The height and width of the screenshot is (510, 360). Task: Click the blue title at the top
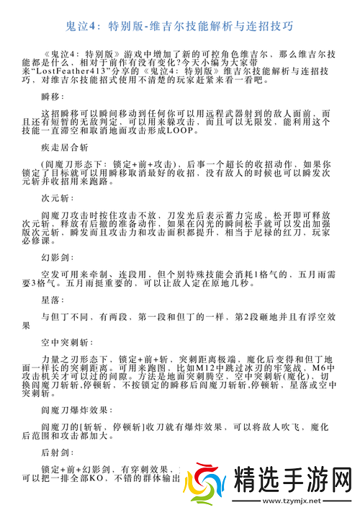(180, 27)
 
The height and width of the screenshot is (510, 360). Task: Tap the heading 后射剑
(58, 454)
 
